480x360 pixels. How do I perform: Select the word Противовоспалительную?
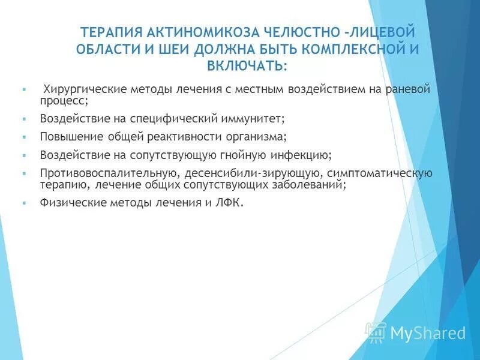click(x=107, y=173)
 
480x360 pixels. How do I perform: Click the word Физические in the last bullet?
click(x=73, y=203)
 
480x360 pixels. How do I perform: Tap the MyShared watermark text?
click(x=427, y=333)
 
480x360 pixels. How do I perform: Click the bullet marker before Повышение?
click(x=23, y=137)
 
